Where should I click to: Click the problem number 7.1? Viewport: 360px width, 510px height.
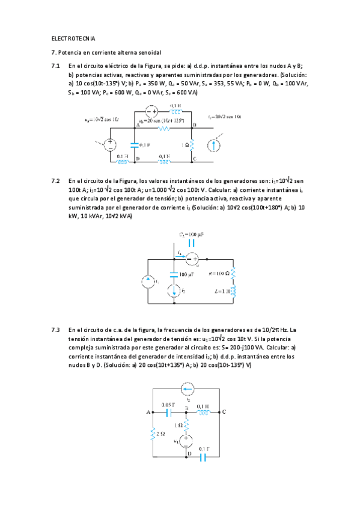(x=56, y=66)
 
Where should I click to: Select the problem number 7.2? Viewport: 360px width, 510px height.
(x=56, y=180)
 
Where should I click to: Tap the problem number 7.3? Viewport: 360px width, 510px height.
(x=56, y=330)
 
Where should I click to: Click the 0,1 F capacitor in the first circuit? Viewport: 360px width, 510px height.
(x=134, y=145)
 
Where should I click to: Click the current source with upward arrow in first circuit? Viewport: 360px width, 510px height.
(x=213, y=145)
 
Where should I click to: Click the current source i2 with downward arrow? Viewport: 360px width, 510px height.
(x=174, y=292)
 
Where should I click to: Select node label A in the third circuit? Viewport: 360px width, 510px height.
(x=148, y=413)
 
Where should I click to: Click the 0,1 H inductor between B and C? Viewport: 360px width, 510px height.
(x=204, y=413)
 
